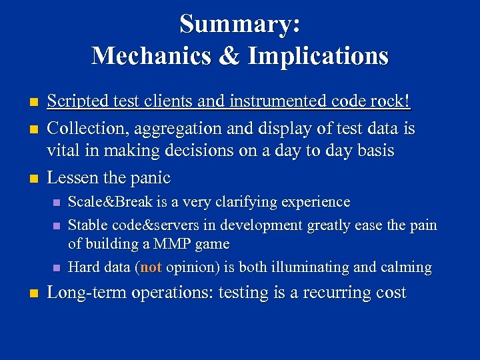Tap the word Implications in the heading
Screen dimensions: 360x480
coord(318,55)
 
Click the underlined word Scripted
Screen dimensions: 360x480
coord(76,101)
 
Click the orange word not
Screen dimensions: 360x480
coord(151,267)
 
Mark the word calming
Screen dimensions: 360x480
coord(406,267)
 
